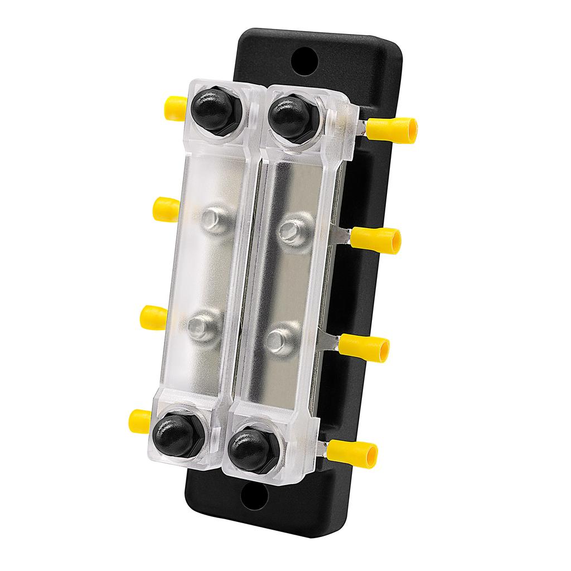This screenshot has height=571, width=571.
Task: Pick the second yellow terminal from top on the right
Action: coord(384,240)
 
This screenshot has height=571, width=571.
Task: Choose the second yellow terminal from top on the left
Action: coord(166,209)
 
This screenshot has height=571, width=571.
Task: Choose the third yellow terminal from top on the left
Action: coord(154,317)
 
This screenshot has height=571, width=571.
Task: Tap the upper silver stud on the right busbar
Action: coord(294,230)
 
